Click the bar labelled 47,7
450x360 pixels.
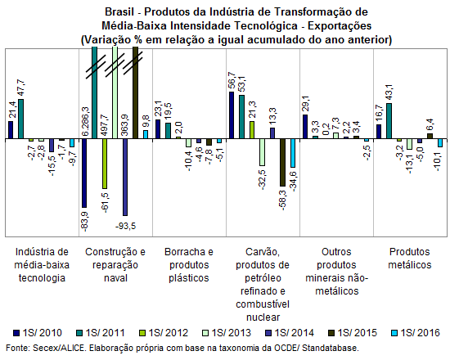click(x=21, y=119)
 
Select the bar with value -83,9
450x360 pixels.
click(x=84, y=173)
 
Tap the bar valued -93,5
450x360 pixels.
click(x=125, y=177)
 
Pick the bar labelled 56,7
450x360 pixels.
click(x=232, y=115)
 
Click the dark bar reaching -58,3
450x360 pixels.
click(x=283, y=163)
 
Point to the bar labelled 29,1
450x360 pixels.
click(x=305, y=127)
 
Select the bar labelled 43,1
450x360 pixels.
click(x=389, y=121)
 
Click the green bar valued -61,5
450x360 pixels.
click(x=105, y=164)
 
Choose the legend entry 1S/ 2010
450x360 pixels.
click(x=38, y=333)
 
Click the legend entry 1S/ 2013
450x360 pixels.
click(x=227, y=333)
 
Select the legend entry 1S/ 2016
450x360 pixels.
click(x=416, y=333)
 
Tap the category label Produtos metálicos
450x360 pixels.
click(x=410, y=258)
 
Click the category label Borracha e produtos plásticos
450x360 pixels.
click(x=189, y=265)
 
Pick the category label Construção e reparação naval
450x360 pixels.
click(x=115, y=265)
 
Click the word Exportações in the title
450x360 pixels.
click(x=340, y=26)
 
